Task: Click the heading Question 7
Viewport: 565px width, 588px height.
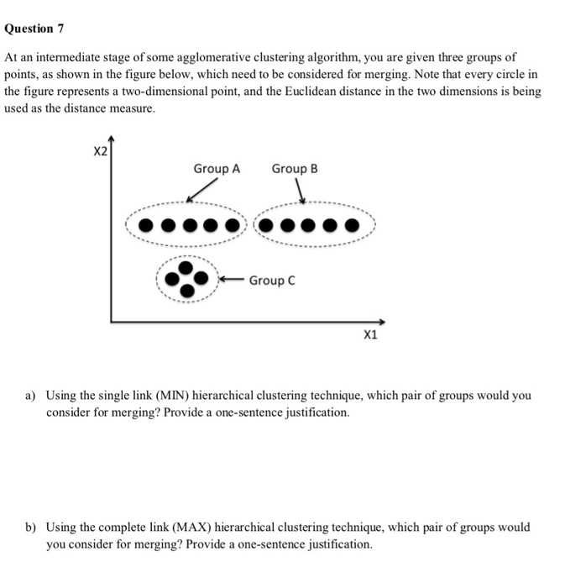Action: [34, 29]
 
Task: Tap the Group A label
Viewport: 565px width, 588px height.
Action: [217, 169]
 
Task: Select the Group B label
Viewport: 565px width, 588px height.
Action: [295, 169]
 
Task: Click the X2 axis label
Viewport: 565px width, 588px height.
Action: [99, 152]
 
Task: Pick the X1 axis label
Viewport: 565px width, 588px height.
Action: [370, 335]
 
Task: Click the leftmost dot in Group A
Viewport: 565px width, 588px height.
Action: [147, 225]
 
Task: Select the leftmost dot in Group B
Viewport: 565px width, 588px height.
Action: [266, 225]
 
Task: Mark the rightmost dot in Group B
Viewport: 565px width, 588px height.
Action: [354, 225]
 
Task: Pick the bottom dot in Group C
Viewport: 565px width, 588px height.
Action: [187, 290]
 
